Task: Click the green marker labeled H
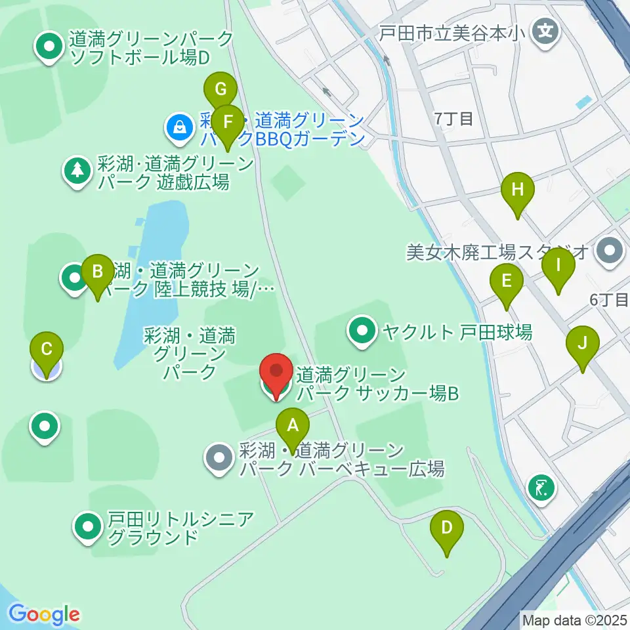click(x=518, y=191)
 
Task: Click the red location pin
click(x=277, y=373)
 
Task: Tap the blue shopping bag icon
click(x=179, y=128)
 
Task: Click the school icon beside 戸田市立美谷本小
click(x=545, y=30)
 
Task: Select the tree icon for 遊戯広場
click(x=77, y=171)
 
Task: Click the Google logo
click(x=45, y=614)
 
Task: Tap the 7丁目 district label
click(x=453, y=119)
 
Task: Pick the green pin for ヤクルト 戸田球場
click(x=362, y=330)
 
